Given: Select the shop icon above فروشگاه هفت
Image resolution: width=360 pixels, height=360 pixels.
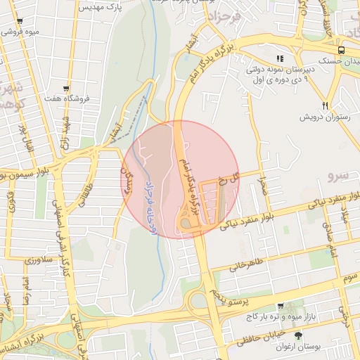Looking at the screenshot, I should (66, 89).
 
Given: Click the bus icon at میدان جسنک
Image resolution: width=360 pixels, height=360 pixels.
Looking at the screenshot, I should (341, 50).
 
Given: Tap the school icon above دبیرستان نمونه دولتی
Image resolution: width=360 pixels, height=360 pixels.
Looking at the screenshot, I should (280, 59).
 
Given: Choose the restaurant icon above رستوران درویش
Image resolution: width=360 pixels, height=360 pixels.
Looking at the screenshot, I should (325, 105).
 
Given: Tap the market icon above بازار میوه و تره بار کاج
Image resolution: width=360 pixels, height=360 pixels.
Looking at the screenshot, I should (281, 307).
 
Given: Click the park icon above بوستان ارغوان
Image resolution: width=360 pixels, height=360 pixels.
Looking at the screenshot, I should (297, 336).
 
